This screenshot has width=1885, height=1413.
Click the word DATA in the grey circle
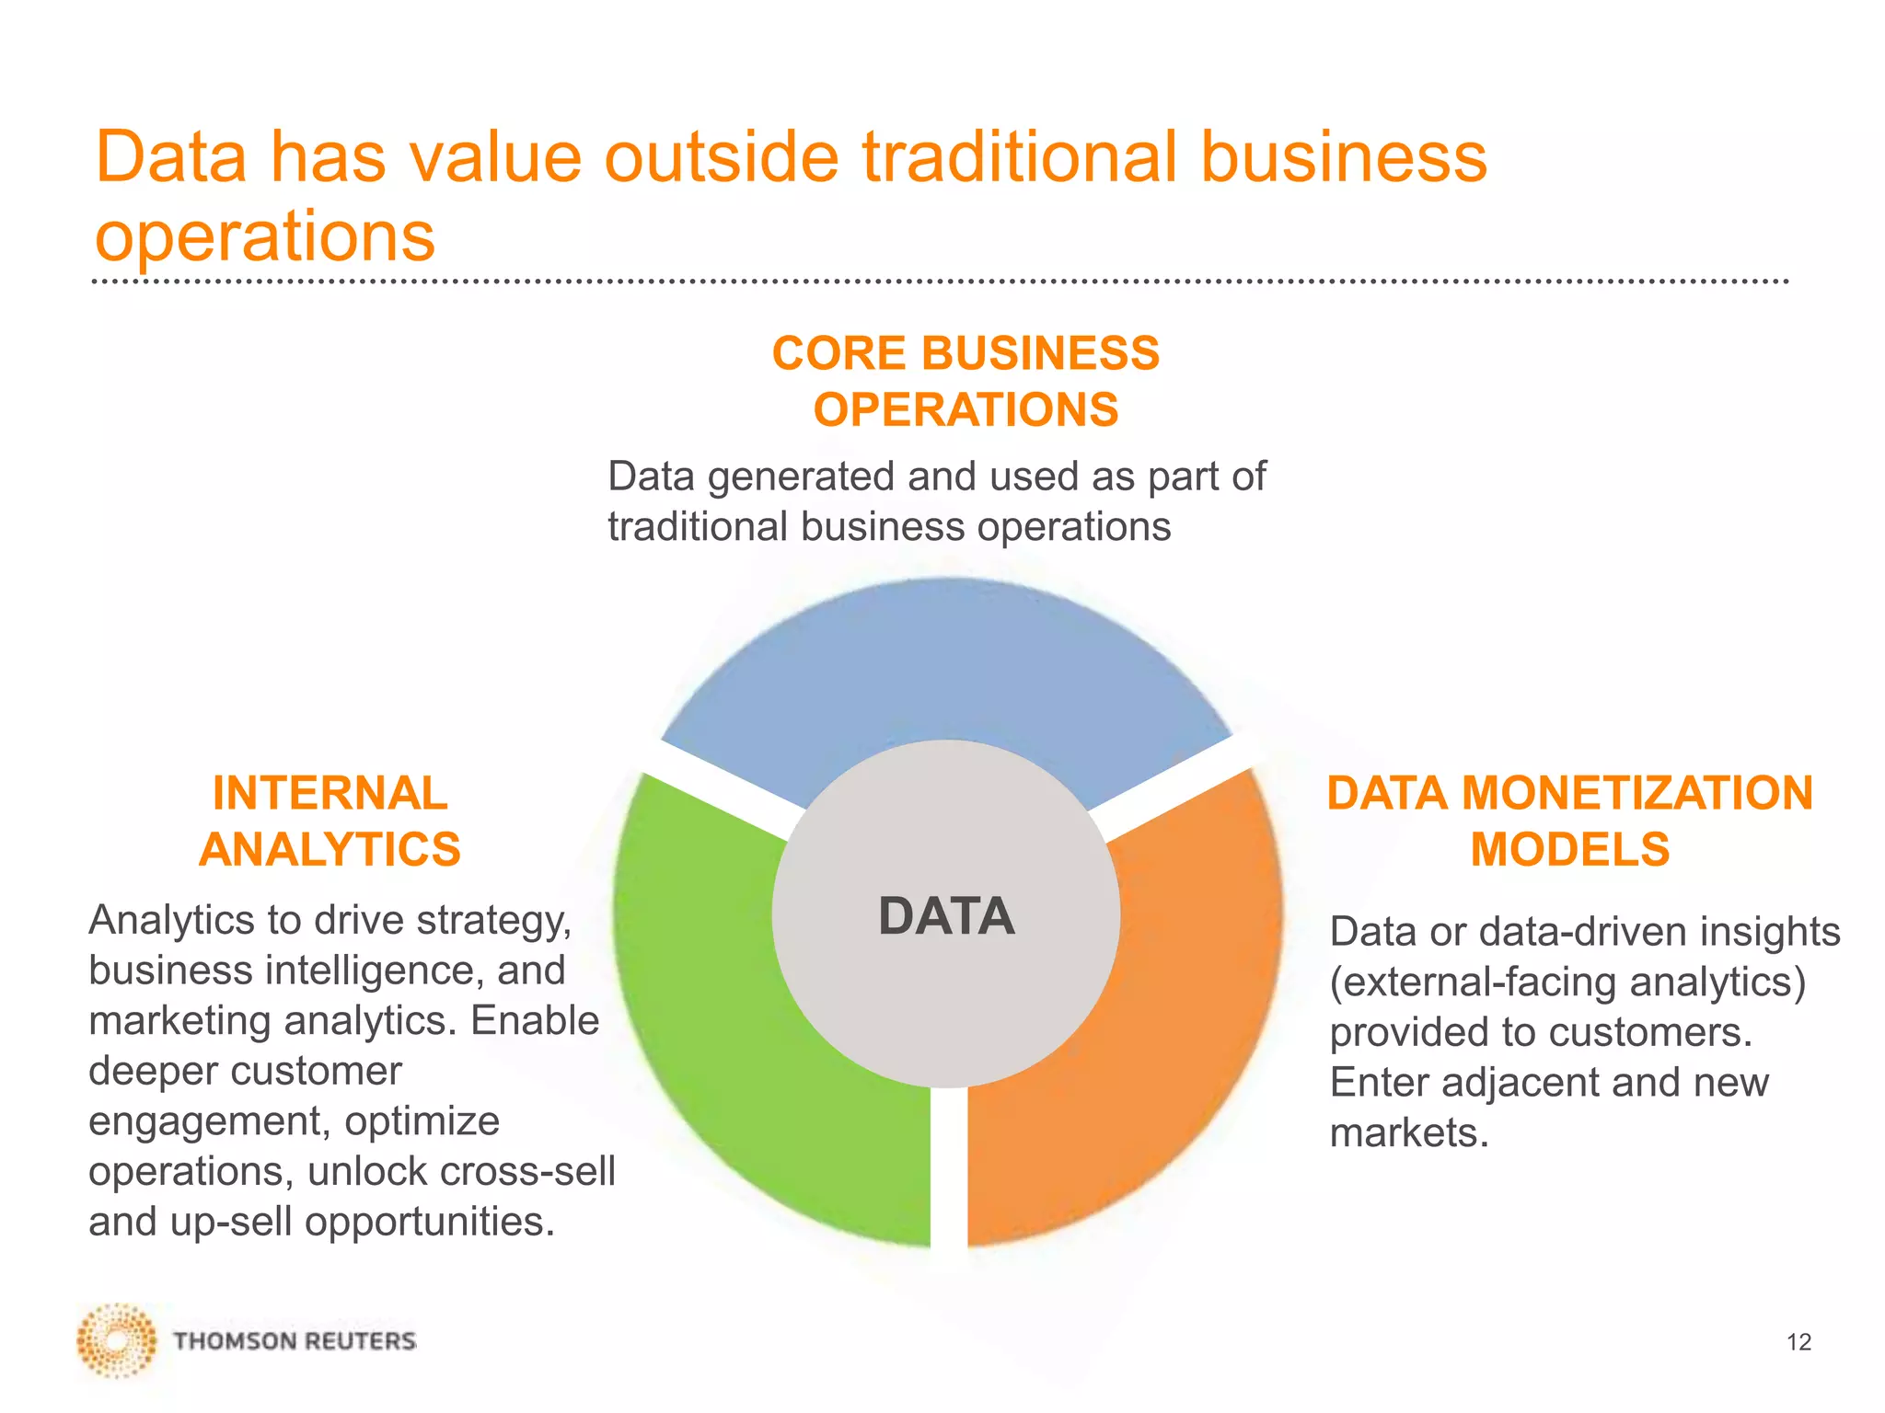(946, 916)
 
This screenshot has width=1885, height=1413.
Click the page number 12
(1798, 1342)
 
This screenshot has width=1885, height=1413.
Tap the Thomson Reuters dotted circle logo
(116, 1340)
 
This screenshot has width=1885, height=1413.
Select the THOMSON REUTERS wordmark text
(295, 1341)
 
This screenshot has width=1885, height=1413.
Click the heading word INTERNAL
(330, 793)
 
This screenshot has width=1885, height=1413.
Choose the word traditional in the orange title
(1020, 156)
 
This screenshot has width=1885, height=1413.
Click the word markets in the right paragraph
(1408, 1132)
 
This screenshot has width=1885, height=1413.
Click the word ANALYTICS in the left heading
(330, 849)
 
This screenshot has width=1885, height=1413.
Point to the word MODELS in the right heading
(1569, 849)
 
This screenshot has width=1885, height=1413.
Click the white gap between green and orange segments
(948, 1168)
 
